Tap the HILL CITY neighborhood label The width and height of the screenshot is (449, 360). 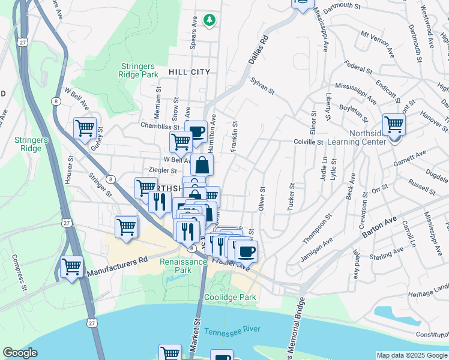point(190,72)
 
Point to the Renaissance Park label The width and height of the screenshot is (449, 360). point(175,266)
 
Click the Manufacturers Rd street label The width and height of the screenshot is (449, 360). point(117,264)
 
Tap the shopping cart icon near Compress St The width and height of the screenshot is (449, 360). point(71,265)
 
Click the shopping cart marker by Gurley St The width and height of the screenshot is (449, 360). point(85,127)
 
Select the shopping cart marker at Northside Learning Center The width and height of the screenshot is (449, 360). point(394,124)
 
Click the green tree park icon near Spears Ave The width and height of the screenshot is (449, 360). point(209,20)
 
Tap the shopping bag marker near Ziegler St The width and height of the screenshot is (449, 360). point(202,164)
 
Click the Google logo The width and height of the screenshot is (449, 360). point(20,353)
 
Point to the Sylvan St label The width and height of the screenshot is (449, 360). point(262,86)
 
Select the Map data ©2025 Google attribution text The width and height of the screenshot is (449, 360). point(412,355)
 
